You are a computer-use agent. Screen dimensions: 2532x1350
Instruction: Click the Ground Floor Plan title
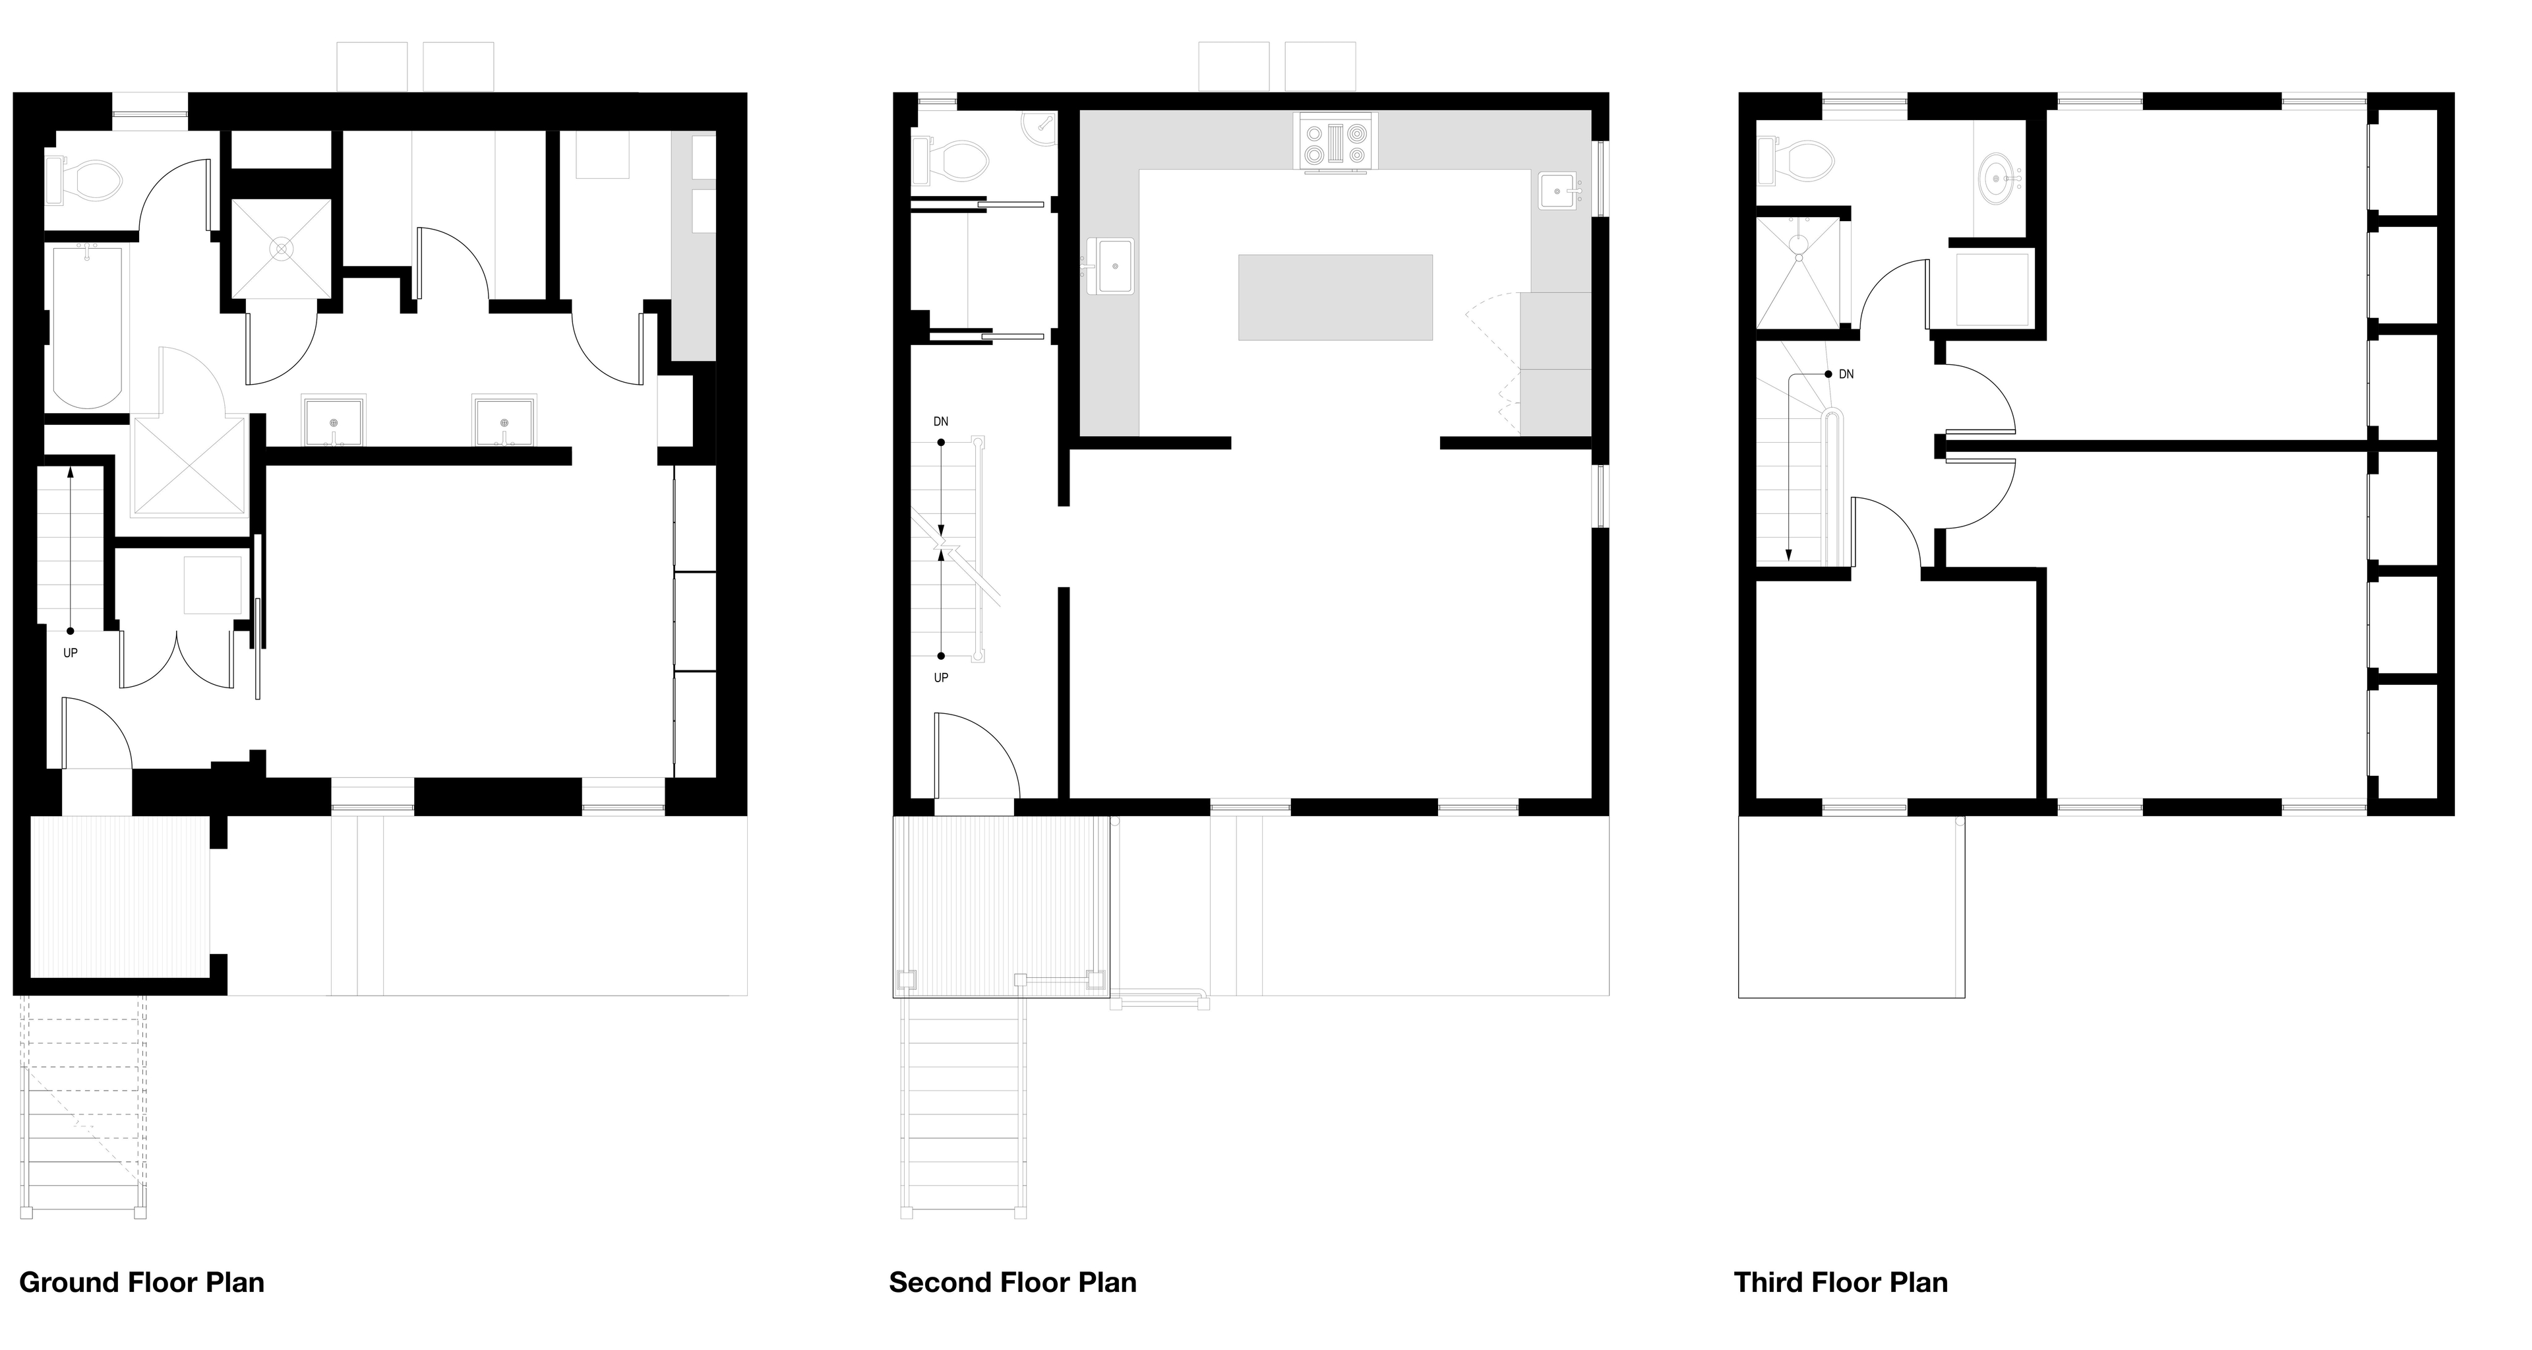click(142, 1283)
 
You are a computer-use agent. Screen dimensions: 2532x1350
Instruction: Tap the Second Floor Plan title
click(1012, 1283)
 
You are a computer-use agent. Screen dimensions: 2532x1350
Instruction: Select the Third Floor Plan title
click(1840, 1283)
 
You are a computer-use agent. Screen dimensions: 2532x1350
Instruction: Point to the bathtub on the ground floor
click(88, 327)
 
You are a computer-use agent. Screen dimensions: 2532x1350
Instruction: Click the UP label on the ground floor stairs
click(71, 653)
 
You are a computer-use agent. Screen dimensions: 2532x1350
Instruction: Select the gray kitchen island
click(1335, 297)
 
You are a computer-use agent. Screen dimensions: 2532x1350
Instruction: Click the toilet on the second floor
click(950, 162)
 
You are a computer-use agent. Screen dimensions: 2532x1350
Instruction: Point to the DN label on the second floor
click(941, 422)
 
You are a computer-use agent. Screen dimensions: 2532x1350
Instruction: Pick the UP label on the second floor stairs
click(941, 678)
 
